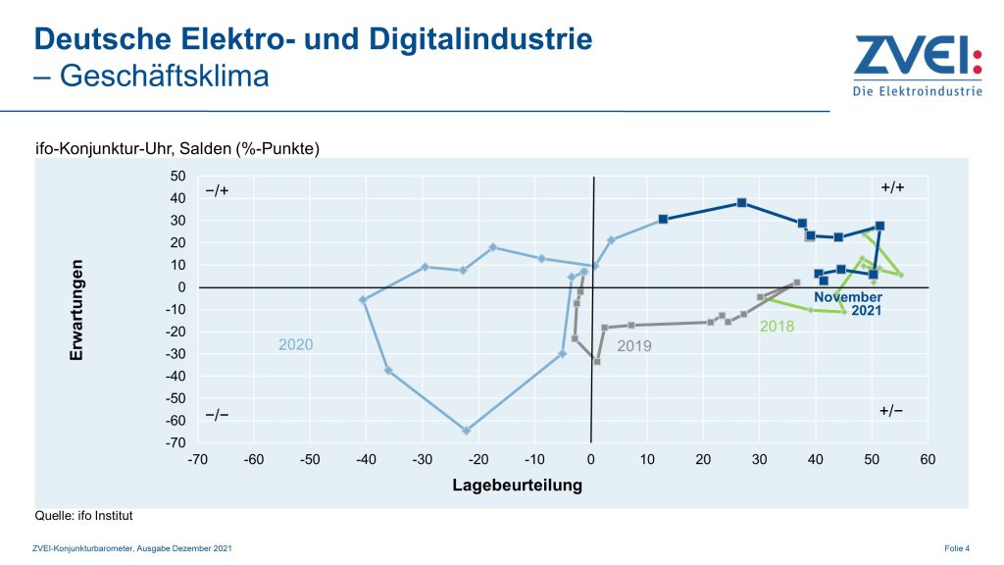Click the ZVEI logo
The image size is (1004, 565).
[917, 66]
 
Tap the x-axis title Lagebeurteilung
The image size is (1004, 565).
[517, 485]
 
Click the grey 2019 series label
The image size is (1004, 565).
[633, 346]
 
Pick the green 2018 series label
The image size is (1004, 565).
[777, 326]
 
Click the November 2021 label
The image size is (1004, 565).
[848, 304]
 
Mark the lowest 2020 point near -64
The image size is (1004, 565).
[467, 431]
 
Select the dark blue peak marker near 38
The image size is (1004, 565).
[742, 203]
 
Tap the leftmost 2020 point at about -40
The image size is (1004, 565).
[364, 299]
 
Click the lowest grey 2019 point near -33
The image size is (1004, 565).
[596, 362]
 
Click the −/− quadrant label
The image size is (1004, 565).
[217, 415]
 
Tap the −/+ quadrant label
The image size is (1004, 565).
[217, 190]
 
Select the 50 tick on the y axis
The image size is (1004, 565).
[177, 177]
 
